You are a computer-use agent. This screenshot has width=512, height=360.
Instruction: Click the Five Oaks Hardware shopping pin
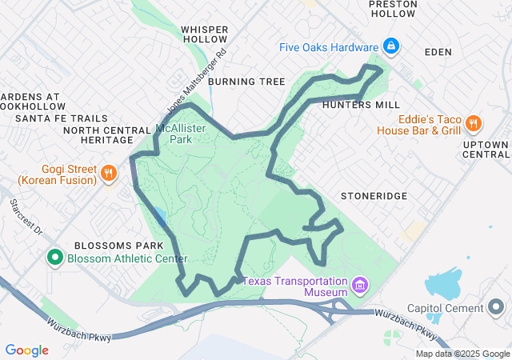tap(391, 46)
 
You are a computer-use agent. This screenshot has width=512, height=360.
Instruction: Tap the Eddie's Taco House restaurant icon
tap(474, 124)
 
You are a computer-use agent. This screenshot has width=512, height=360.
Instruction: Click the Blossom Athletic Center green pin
tap(55, 258)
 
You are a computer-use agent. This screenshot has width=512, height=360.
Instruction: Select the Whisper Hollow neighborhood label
tap(205, 34)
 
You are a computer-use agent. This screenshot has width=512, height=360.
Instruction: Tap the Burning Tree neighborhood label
tap(246, 82)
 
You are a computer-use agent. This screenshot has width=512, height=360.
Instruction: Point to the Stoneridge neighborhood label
tap(374, 196)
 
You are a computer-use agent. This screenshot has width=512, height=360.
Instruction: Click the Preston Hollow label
tap(392, 9)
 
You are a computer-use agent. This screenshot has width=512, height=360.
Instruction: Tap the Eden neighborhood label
tap(438, 52)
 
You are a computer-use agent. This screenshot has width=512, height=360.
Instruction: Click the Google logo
tap(26, 350)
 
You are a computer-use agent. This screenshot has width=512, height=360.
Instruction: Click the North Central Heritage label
tap(106, 134)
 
